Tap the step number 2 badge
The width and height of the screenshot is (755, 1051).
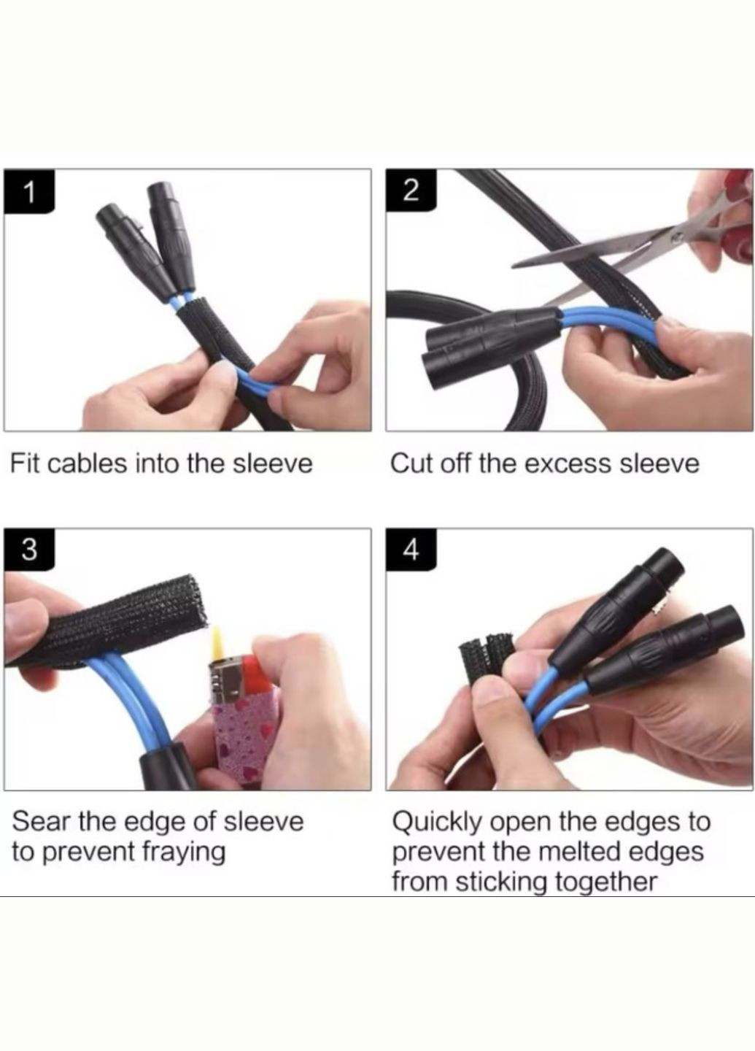click(411, 191)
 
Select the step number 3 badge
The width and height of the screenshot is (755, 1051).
click(29, 550)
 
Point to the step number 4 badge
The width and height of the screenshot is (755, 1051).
click(411, 550)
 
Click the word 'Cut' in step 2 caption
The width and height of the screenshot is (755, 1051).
click(408, 463)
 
